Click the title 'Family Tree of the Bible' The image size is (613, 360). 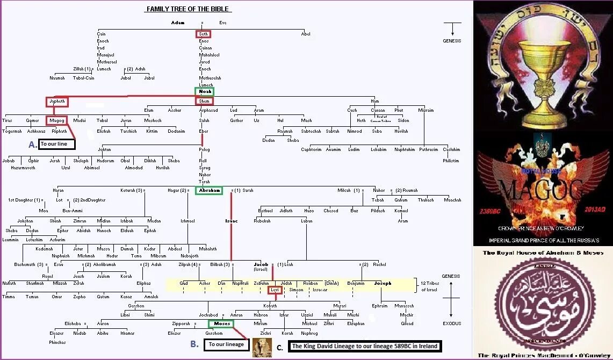[189, 9]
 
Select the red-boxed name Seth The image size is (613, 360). [203, 34]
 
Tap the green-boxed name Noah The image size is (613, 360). [205, 91]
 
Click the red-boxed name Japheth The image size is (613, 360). [56, 101]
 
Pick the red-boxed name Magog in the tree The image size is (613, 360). [56, 120]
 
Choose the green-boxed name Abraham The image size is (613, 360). [208, 190]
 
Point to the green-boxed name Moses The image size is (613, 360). [221, 323]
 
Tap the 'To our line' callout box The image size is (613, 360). [57, 144]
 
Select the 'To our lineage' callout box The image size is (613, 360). [226, 344]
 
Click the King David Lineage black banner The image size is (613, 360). [364, 346]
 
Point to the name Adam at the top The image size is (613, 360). [177, 23]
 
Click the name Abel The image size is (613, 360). [306, 34]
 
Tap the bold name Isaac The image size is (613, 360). [231, 221]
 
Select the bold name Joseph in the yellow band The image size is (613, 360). [383, 283]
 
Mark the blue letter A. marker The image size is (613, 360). [33, 144]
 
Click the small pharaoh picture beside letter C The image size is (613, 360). [262, 347]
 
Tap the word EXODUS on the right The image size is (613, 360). [451, 324]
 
